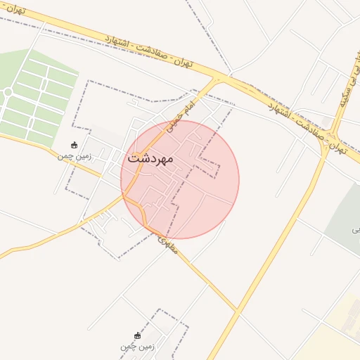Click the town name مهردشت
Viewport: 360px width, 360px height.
coord(150,158)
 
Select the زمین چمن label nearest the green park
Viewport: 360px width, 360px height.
coord(75,156)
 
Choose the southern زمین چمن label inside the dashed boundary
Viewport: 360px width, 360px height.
coord(136,346)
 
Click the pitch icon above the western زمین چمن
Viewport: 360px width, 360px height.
coord(75,145)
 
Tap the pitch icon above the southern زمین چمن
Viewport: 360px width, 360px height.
coord(137,335)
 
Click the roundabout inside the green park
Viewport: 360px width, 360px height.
coord(7,92)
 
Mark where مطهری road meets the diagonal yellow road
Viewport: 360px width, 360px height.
coord(236,310)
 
